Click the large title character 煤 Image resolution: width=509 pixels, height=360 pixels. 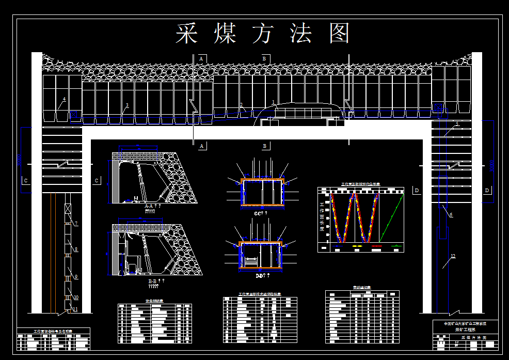pos(225,33)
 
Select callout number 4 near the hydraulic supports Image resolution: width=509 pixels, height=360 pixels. pos(64,99)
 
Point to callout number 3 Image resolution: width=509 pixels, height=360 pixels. pos(127,105)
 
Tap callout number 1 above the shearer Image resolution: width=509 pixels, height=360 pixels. pos(274,102)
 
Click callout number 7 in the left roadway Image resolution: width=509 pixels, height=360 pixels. pos(76,224)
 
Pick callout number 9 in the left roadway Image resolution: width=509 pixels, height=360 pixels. pos(76,277)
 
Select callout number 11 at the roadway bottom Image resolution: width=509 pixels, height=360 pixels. pos(75,309)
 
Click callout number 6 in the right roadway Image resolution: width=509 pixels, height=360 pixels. pos(451,215)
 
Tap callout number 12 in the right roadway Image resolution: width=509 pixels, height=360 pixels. pos(453,257)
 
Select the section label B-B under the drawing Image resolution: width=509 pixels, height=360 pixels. pos(153,281)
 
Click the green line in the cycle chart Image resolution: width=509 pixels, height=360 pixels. pos(391,217)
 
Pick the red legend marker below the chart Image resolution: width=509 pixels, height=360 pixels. pos(376,246)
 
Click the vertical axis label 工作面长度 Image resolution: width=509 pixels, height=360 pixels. pos(321,217)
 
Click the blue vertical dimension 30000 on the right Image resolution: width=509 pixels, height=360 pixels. pos(492,164)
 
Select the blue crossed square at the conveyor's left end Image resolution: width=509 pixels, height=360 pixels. pos(75,115)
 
